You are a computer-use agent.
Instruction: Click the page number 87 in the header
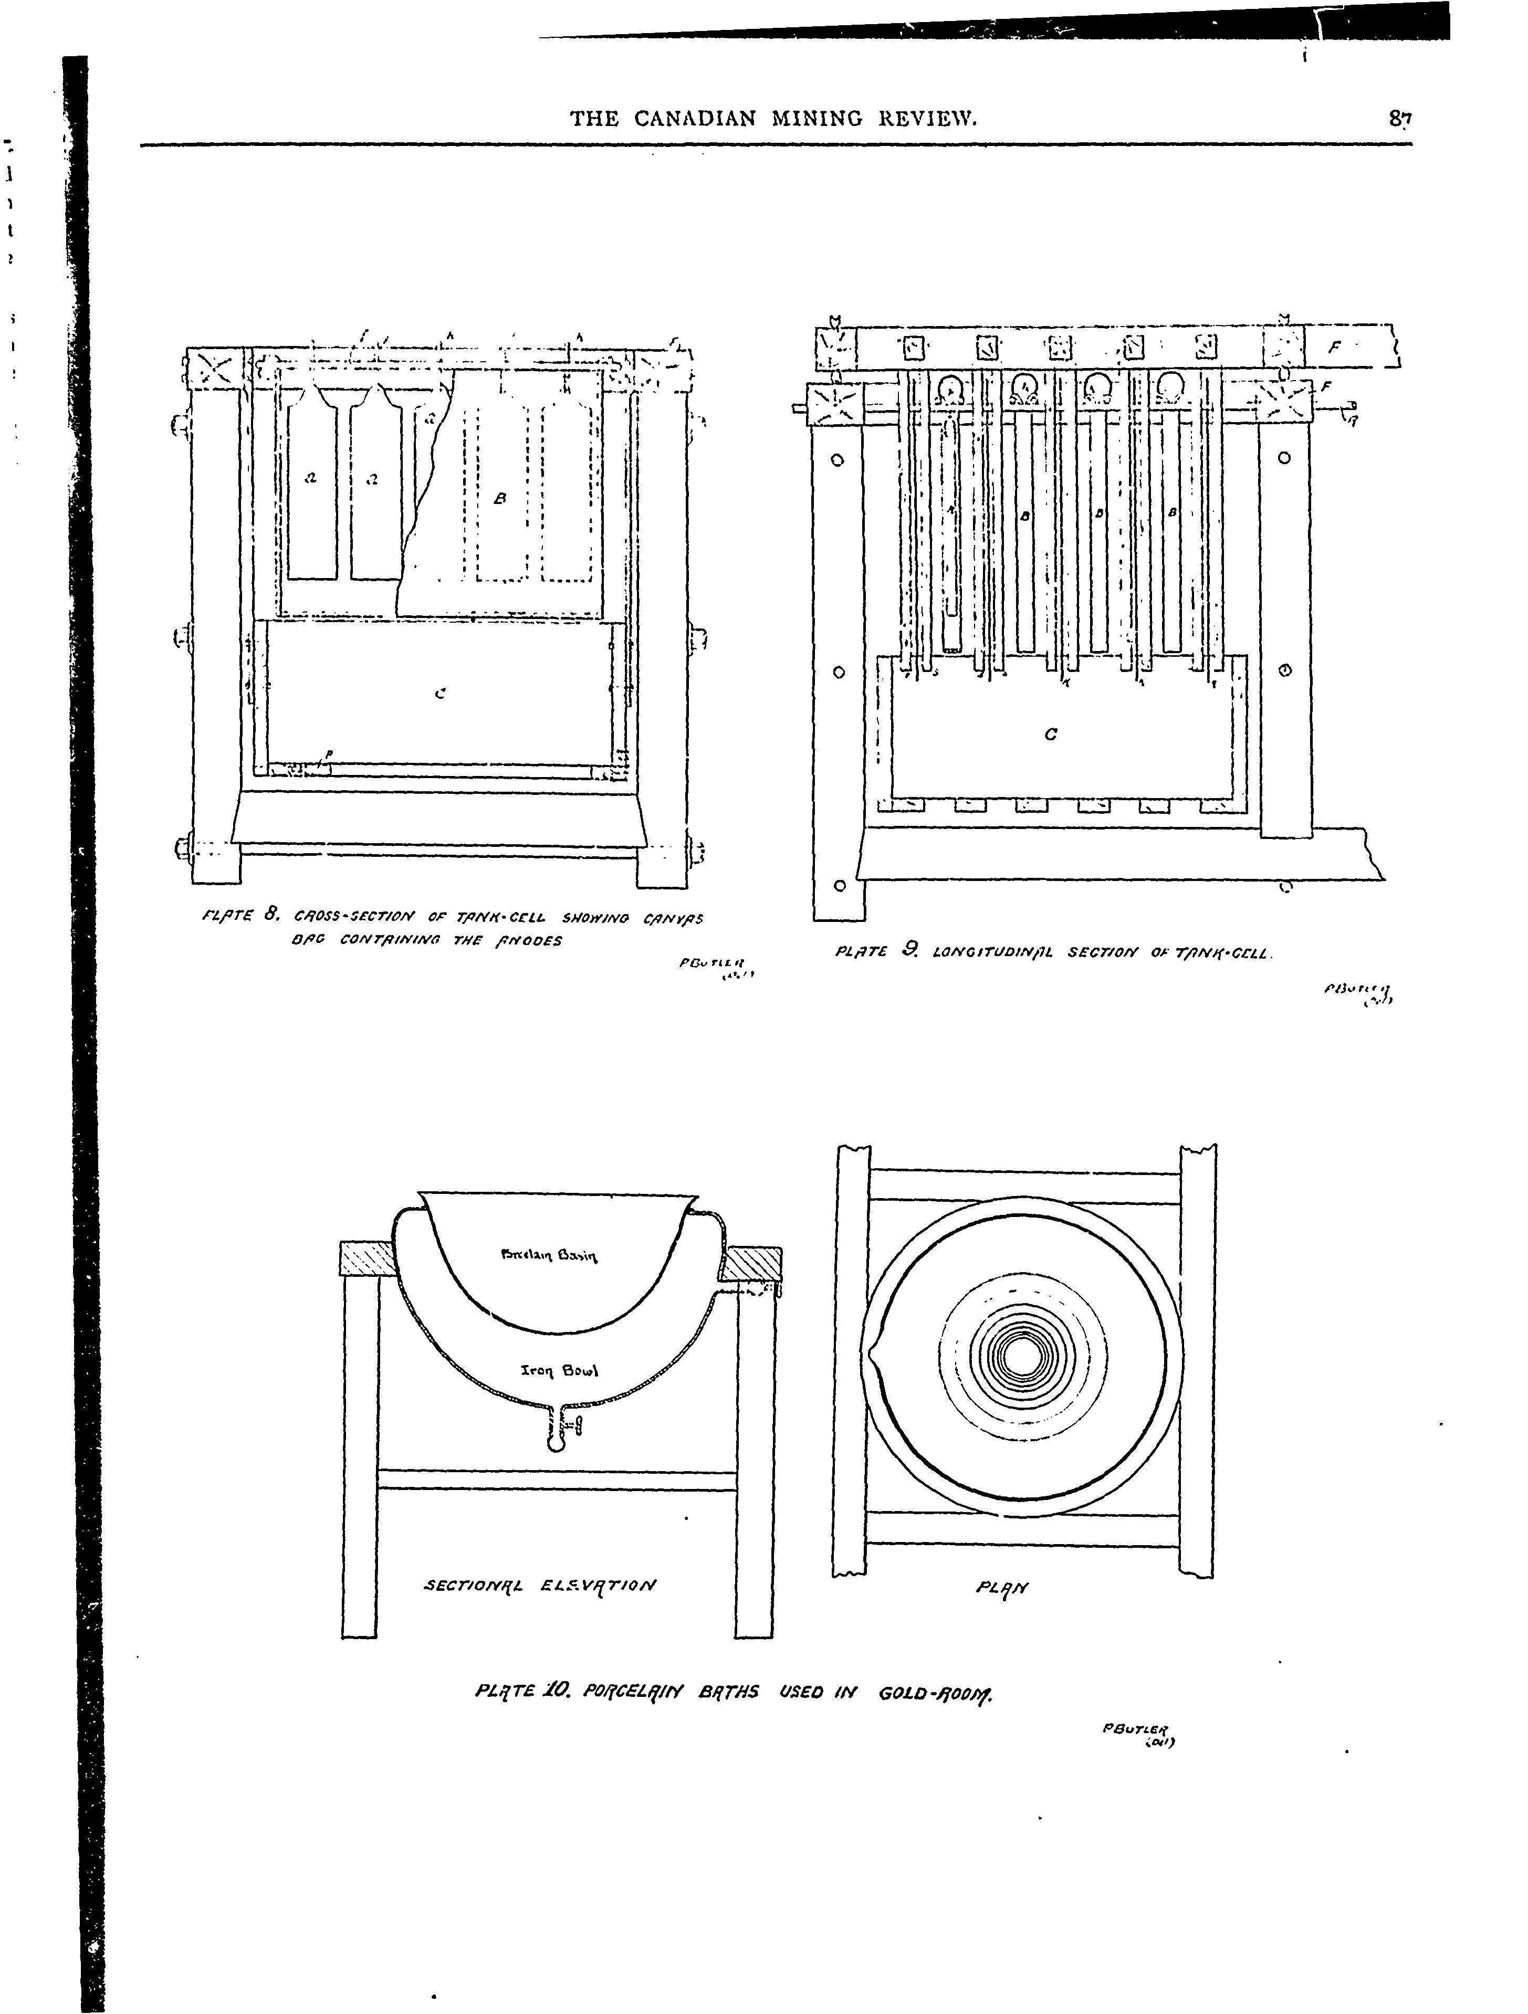coord(1399,118)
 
